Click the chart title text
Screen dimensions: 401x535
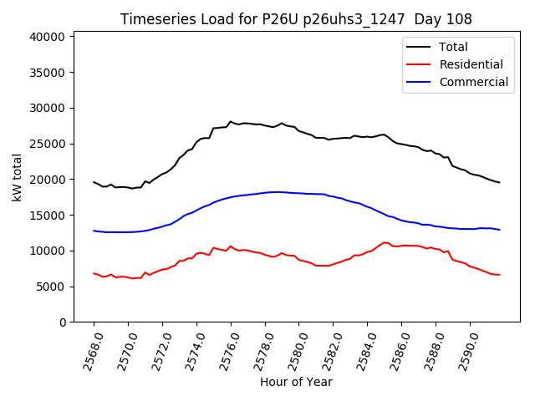tap(296, 19)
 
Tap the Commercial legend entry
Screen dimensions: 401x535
tap(473, 82)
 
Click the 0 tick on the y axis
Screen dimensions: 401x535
tap(64, 322)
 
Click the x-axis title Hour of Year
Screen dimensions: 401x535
tap(296, 383)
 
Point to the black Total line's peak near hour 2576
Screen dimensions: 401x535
tap(231, 121)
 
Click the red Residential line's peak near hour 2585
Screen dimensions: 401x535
tap(385, 242)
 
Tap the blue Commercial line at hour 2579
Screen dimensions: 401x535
tap(282, 192)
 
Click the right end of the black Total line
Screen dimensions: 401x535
tap(499, 182)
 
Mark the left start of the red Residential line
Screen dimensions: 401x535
tap(94, 273)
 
